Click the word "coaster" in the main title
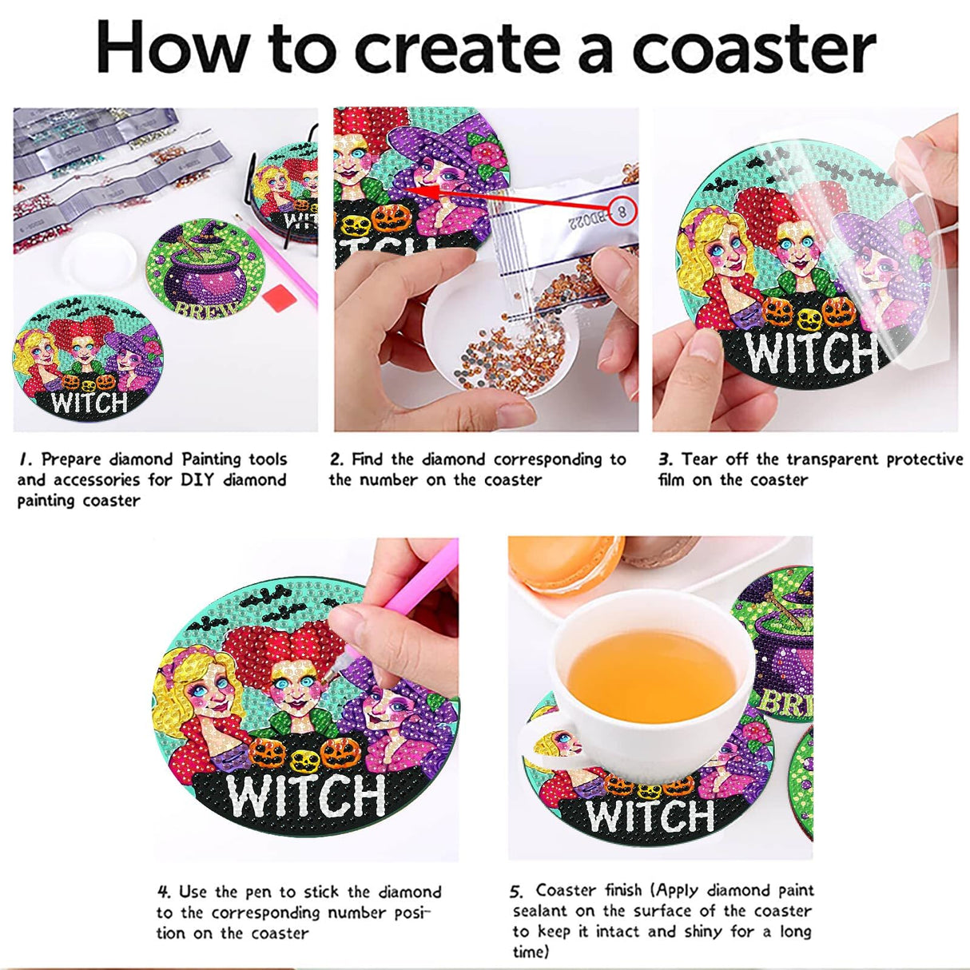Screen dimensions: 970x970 click(x=753, y=48)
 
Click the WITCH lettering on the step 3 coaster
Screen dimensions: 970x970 click(x=807, y=352)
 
